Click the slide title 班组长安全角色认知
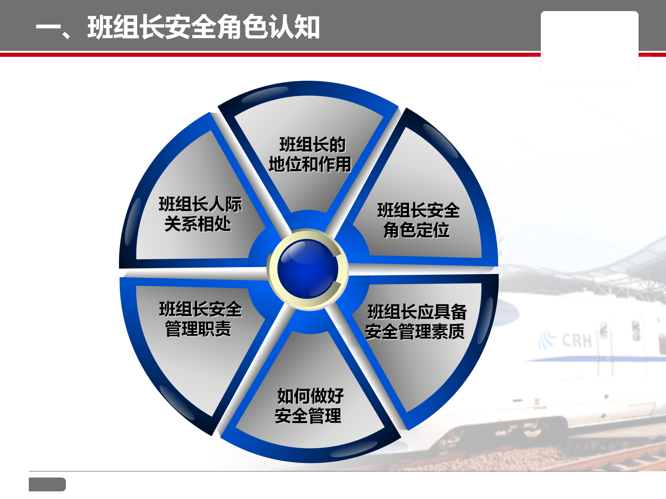[x=203, y=27]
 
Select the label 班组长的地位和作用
[x=310, y=155]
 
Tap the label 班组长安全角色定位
[x=418, y=220]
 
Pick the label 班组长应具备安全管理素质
[x=416, y=322]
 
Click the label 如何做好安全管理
[x=309, y=405]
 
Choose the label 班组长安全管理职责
[x=200, y=319]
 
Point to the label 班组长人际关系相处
[x=200, y=213]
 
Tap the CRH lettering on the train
[x=577, y=341]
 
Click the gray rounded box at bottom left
[x=47, y=484]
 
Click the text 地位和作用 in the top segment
[x=310, y=164]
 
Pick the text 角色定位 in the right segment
[x=416, y=230]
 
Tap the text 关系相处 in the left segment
[x=198, y=224]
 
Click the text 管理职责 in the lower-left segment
[x=198, y=329]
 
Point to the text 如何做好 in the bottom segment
[x=310, y=396]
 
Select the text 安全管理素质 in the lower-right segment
[x=415, y=331]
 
